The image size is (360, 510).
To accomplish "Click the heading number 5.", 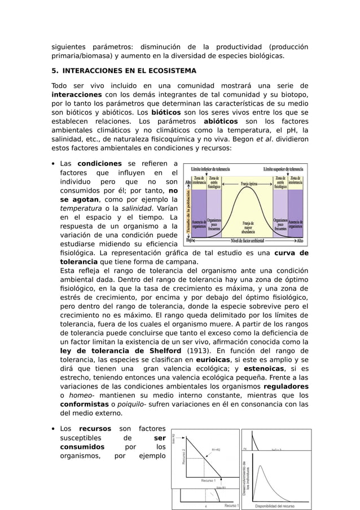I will pos(55,71).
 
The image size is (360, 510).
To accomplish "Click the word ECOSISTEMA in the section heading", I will pos(171,71).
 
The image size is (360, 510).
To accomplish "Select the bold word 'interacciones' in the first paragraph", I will pos(76,94).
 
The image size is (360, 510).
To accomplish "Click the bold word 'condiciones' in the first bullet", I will pos(99,164).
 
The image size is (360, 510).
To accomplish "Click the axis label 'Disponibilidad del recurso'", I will pos(274,506).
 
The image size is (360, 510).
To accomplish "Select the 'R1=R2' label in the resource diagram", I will pos(216,450).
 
